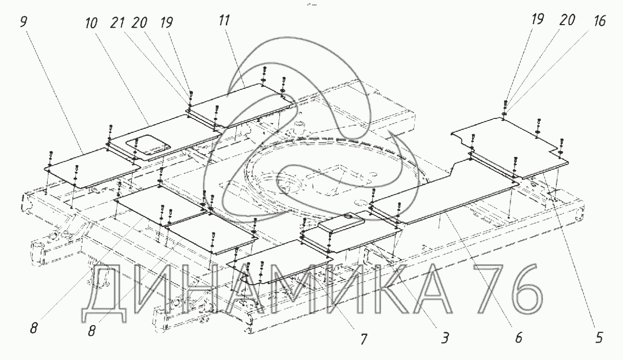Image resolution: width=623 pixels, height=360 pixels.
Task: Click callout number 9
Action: [24, 22]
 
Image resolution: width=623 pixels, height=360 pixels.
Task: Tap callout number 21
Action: [117, 23]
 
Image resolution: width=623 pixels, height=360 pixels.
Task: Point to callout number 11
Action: [224, 21]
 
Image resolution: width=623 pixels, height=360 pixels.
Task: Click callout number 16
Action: [599, 21]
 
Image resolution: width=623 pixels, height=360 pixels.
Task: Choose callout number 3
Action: [445, 338]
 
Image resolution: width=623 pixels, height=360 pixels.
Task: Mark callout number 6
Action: [518, 338]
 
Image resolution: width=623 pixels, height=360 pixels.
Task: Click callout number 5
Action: [598, 338]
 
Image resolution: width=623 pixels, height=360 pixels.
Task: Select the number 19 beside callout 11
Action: [167, 23]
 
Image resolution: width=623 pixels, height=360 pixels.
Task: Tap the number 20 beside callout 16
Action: [567, 21]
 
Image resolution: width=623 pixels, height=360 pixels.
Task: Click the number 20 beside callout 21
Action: [139, 23]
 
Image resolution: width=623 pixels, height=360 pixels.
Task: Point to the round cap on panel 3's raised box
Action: [348, 216]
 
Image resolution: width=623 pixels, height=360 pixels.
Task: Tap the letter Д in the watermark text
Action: [104, 293]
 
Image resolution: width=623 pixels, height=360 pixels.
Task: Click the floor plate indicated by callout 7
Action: [280, 262]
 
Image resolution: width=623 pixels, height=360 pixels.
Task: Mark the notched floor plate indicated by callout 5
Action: [510, 147]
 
